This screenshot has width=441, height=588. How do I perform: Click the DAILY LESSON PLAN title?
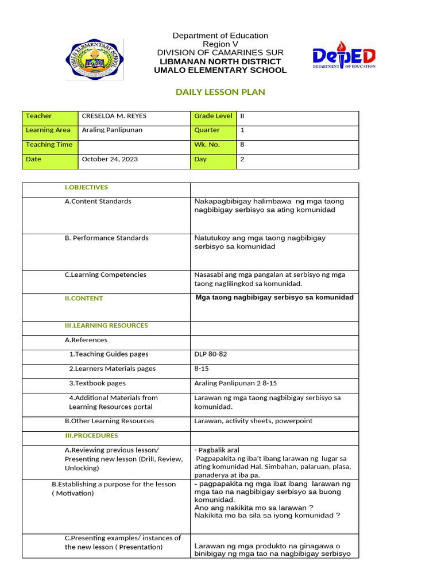[220, 92]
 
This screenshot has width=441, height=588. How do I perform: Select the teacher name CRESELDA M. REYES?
[114, 116]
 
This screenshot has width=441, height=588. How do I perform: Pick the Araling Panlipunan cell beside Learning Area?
[112, 130]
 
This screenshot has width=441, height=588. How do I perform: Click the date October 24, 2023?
[110, 159]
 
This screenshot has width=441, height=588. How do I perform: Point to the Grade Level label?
[213, 116]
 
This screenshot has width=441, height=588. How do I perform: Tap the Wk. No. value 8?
[242, 145]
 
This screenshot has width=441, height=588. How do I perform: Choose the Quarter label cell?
[207, 130]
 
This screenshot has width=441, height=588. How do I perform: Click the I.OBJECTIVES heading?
[86, 187]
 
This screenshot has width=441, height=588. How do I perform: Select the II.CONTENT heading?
[84, 299]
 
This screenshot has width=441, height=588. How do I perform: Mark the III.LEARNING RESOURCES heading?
[106, 326]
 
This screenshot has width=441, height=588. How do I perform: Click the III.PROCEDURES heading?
[91, 435]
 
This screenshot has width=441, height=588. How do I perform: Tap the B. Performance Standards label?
[106, 238]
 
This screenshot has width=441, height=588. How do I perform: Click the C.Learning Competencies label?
[105, 274]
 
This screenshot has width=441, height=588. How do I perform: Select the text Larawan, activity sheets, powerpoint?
[253, 421]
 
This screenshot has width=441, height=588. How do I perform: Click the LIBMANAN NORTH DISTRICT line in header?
[220, 61]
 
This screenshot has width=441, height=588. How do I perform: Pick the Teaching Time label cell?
[49, 145]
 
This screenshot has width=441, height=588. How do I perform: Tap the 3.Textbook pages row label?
[97, 383]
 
